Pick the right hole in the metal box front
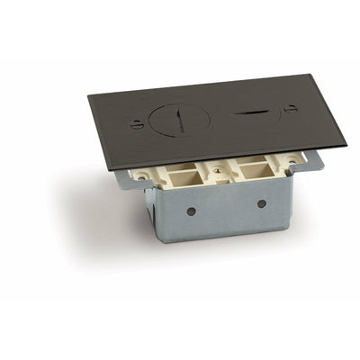262,203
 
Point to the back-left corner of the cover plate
88,96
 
